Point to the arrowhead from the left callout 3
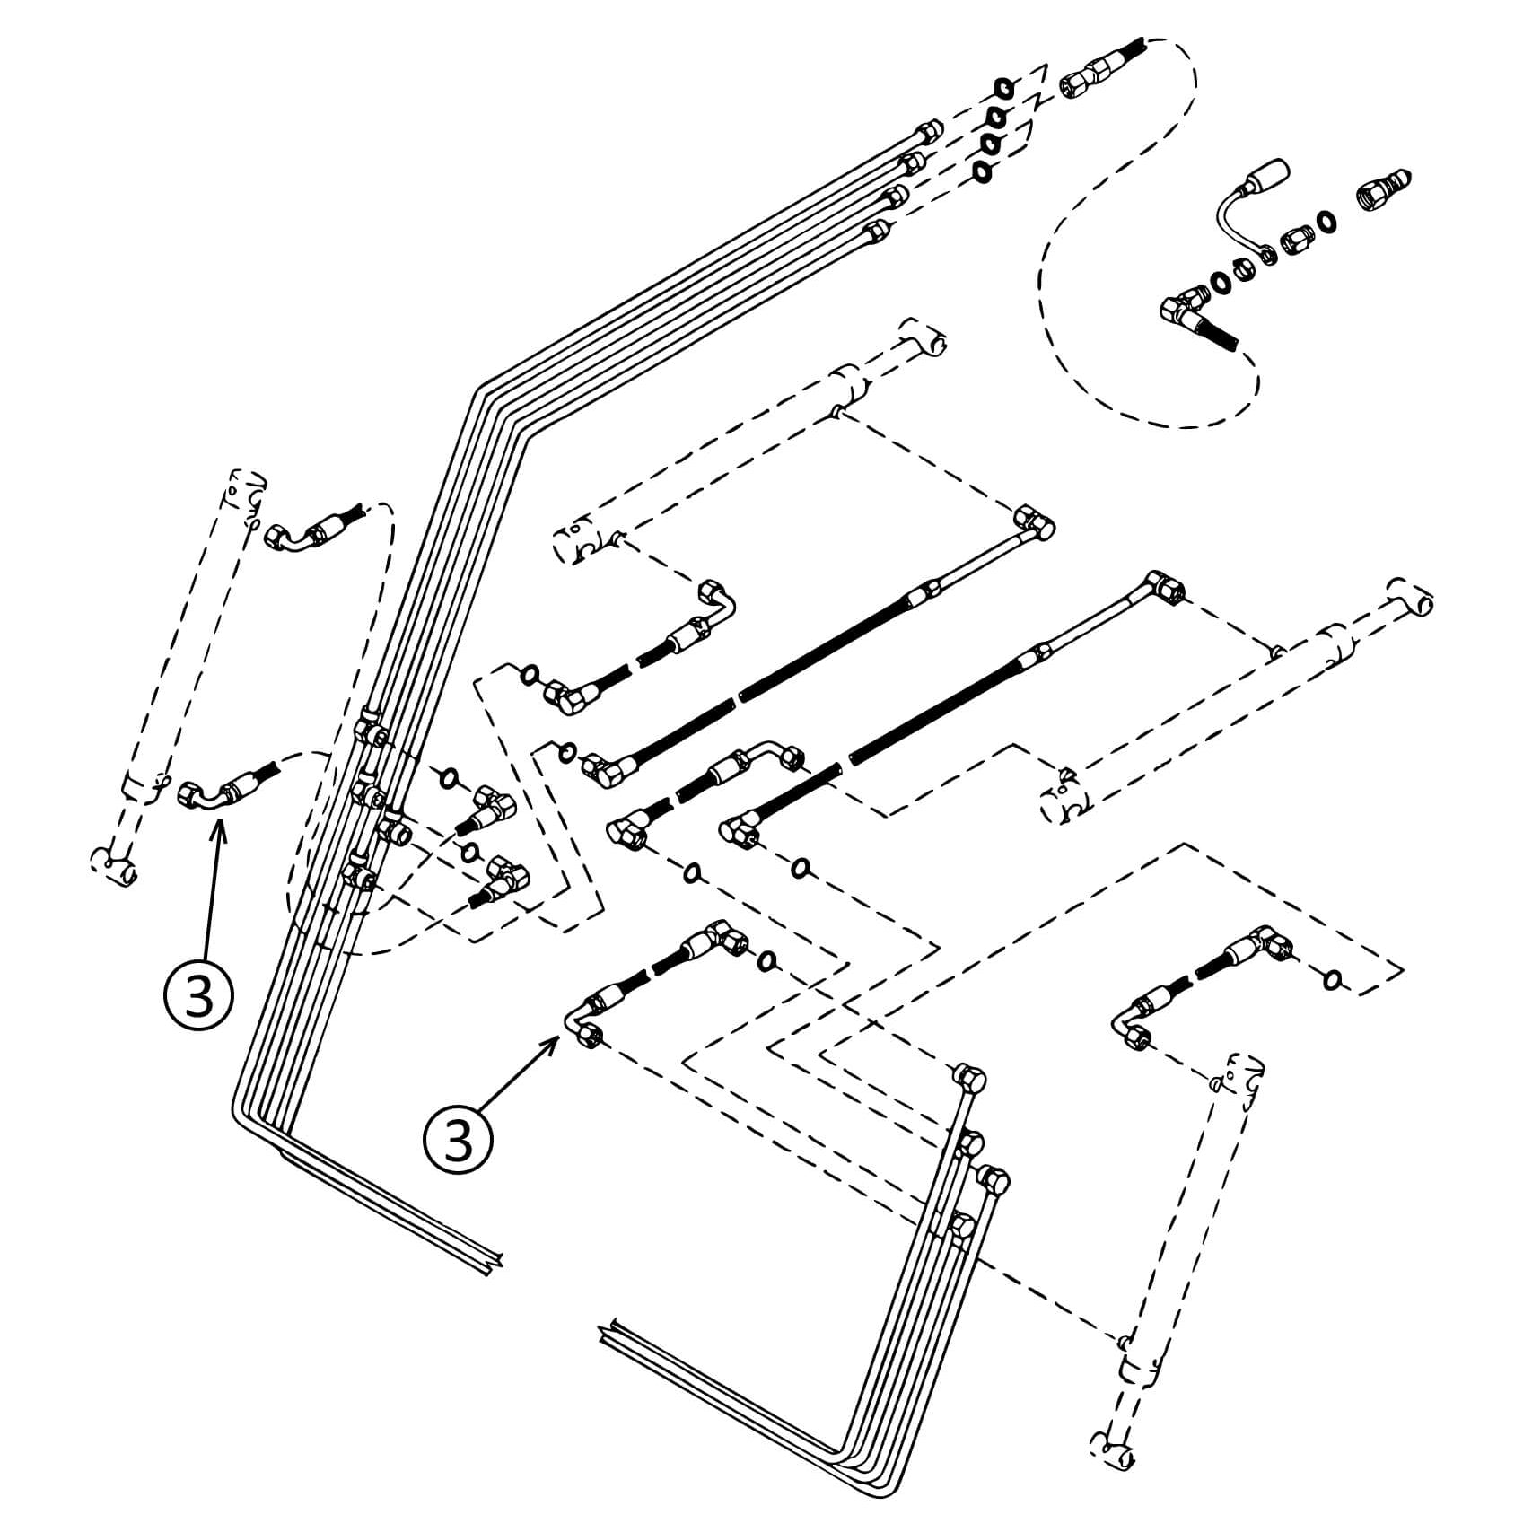(x=219, y=824)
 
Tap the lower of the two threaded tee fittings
(x=503, y=877)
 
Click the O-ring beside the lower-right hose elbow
(x=1333, y=978)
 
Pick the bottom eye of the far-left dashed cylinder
(x=115, y=866)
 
